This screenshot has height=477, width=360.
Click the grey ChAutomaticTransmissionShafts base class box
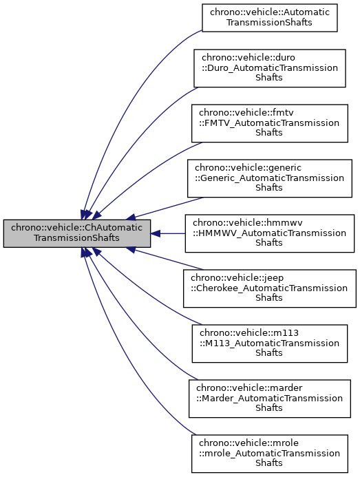(76, 233)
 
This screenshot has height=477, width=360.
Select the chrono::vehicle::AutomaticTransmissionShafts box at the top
(269, 17)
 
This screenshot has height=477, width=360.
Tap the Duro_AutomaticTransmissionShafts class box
(269, 67)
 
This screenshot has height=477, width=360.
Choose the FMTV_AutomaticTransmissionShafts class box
(269, 123)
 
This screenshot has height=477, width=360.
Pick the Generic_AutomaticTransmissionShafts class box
(269, 178)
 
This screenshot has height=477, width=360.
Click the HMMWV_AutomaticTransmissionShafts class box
(269, 233)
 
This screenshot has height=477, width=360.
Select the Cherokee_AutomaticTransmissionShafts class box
(269, 288)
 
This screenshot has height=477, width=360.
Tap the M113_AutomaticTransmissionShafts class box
(269, 343)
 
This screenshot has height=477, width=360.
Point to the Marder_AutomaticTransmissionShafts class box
(269, 398)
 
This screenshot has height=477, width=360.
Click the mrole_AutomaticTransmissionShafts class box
(269, 453)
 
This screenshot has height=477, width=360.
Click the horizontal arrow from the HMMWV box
(172, 233)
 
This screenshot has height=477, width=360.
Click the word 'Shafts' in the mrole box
(269, 463)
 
